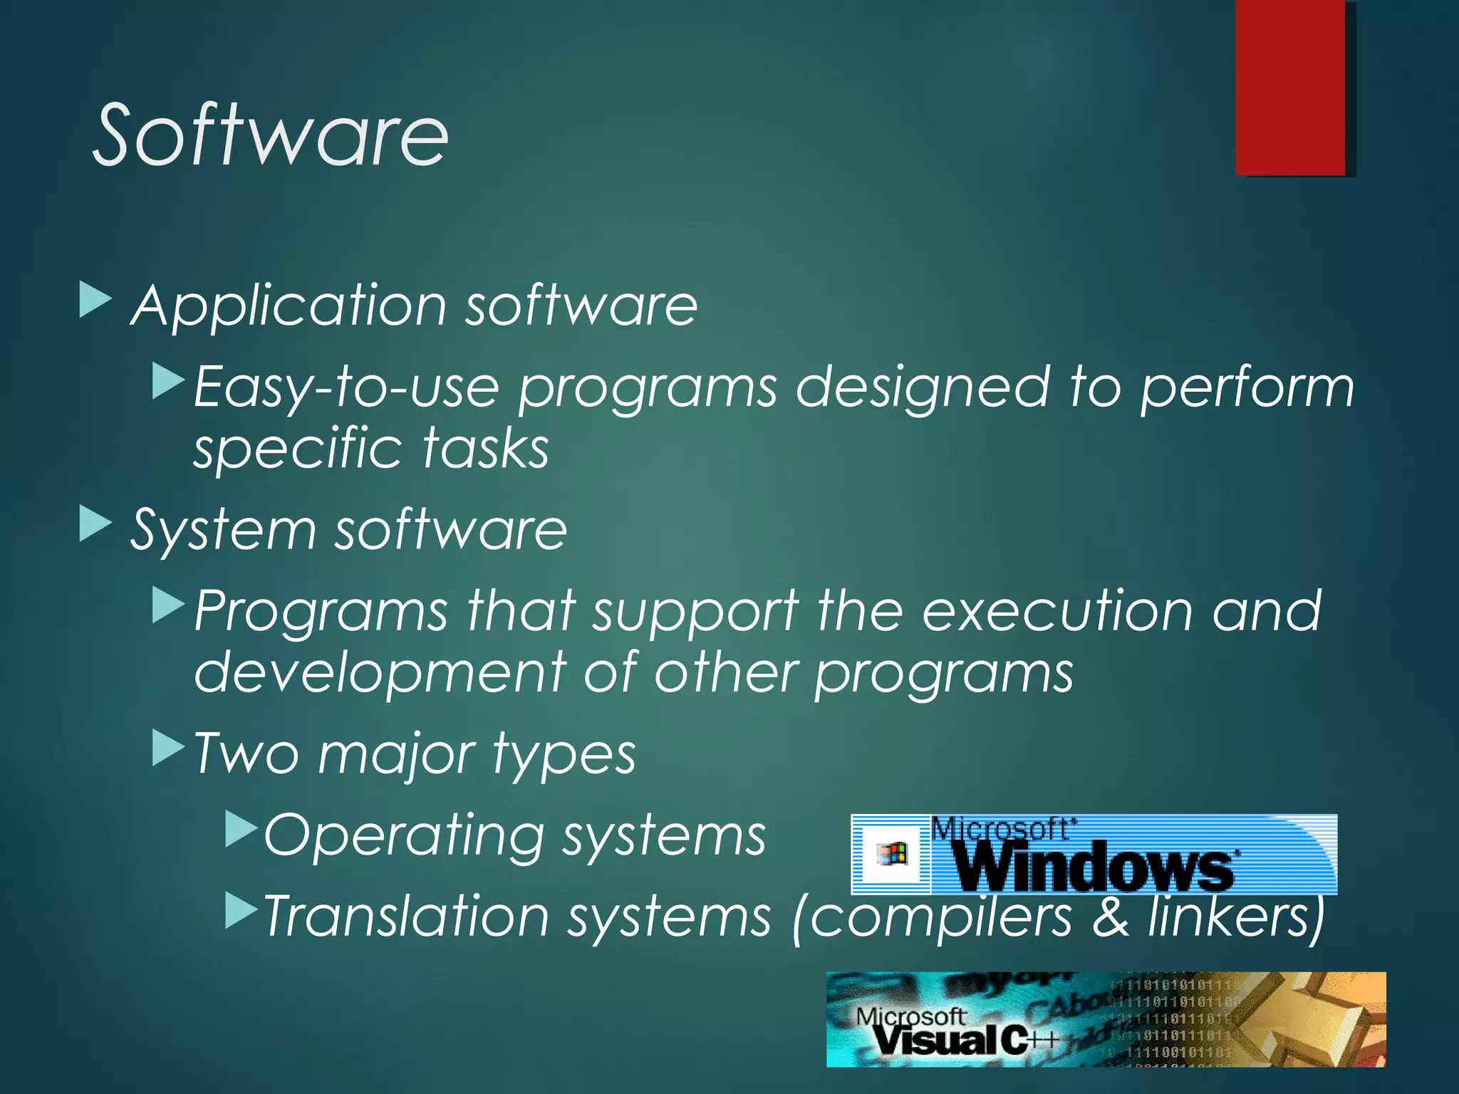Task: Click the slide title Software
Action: pos(271,135)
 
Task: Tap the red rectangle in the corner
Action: pos(1291,87)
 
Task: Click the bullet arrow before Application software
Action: pos(95,298)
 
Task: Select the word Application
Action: pos(289,306)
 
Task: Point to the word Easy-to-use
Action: pos(346,387)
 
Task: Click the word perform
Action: pos(1247,389)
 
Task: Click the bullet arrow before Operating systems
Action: pos(240,830)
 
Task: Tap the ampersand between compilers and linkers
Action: pos(1110,917)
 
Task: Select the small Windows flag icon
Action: pos(892,853)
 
